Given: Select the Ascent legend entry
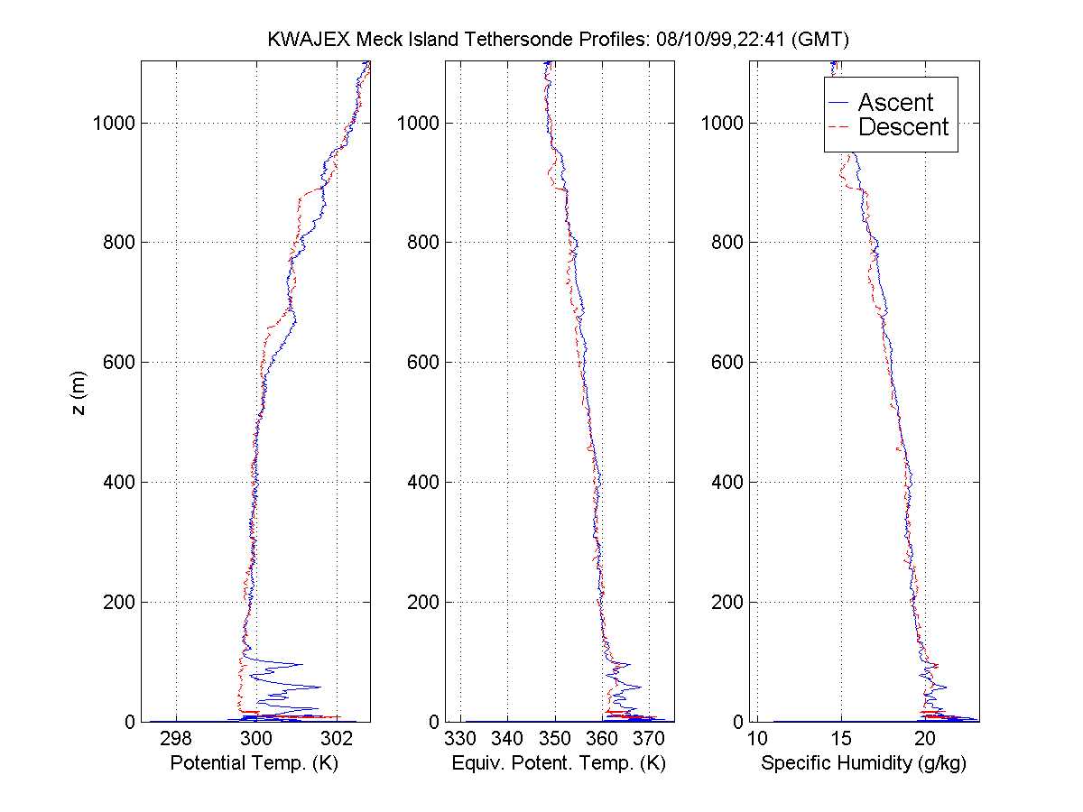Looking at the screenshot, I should tap(894, 103).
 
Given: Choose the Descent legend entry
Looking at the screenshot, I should tap(902, 127).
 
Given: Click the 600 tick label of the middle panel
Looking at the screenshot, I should tap(424, 362).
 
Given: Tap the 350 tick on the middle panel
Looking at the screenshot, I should tap(555, 740).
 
